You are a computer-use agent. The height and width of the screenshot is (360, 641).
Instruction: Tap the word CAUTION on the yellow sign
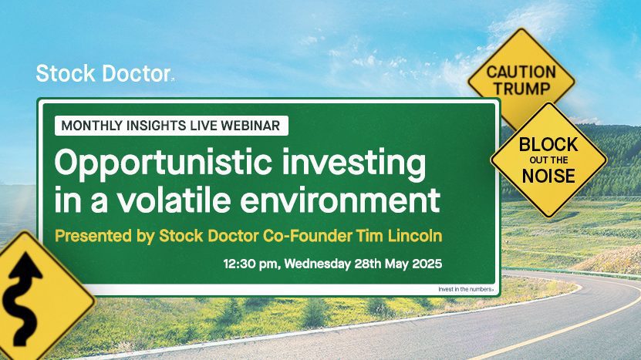click(521, 72)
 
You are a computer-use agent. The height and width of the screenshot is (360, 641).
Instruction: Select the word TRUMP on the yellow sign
click(521, 89)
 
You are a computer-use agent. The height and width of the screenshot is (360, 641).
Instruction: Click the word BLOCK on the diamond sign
click(548, 145)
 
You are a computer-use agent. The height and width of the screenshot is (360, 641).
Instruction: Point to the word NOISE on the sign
click(548, 176)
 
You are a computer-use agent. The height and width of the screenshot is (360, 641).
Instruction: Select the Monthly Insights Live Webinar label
click(171, 126)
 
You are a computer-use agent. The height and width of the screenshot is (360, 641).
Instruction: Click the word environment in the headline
click(340, 200)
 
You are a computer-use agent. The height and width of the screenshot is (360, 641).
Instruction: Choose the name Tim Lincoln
click(399, 236)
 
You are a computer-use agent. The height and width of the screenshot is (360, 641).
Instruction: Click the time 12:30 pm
click(251, 264)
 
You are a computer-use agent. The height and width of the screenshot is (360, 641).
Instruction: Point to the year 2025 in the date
click(427, 263)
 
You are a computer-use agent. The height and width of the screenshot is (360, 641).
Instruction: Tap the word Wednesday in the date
click(317, 264)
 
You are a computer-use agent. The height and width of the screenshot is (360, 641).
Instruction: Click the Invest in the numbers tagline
click(466, 289)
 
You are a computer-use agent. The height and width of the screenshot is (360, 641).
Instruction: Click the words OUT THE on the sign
click(548, 160)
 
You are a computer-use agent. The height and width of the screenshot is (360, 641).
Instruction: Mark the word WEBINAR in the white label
click(250, 126)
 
